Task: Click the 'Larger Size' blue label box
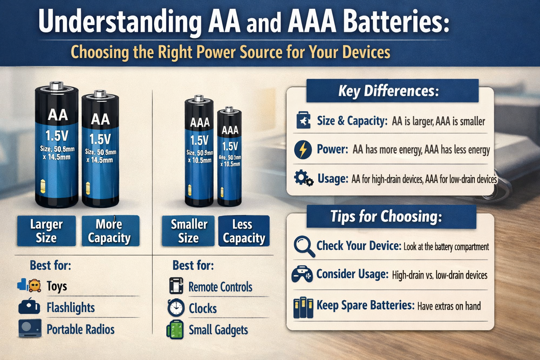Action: [x=46, y=231]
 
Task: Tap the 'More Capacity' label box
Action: [x=110, y=231]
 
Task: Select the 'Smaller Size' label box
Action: [x=188, y=231]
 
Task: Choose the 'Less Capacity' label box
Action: [x=244, y=231]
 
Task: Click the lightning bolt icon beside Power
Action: [x=303, y=150]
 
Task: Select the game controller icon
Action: [x=302, y=274]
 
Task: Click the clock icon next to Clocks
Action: [x=176, y=308]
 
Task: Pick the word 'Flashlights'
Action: [x=71, y=308]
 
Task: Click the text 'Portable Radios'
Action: [x=81, y=329]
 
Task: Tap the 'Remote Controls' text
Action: [x=220, y=287]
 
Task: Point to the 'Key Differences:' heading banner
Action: [x=392, y=91]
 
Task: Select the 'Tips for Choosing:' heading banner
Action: [x=391, y=217]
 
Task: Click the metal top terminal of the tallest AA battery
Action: [x=56, y=85]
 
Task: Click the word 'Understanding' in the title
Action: [x=120, y=22]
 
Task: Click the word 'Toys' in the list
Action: [x=57, y=286]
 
